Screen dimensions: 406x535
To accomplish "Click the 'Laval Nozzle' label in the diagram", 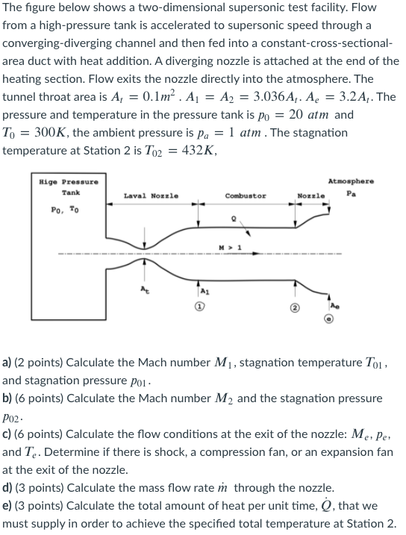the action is (x=151, y=195).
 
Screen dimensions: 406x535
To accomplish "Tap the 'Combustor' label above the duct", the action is (x=245, y=195).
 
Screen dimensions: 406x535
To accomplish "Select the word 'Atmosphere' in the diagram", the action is (x=351, y=181).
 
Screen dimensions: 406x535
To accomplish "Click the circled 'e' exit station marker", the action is (x=328, y=319).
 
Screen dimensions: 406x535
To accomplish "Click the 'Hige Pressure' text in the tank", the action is (x=68, y=182).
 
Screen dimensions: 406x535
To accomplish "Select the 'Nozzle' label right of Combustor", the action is (x=310, y=195).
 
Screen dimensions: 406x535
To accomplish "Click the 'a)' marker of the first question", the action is (x=8, y=363).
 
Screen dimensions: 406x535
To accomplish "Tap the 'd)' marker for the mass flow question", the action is (x=8, y=487).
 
